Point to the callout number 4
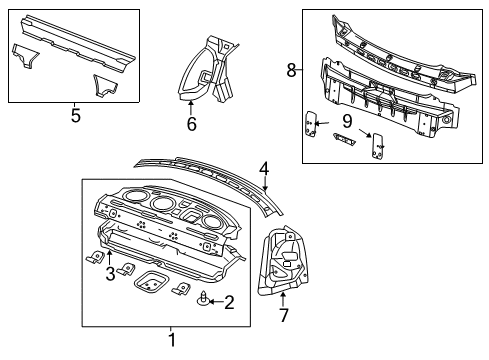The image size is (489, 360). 263,169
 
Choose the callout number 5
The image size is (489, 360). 75,114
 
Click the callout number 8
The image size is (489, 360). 292,69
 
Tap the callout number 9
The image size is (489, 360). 346,120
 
